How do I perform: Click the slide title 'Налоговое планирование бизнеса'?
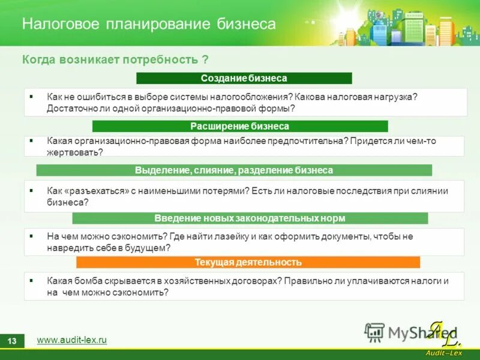tap(149, 24)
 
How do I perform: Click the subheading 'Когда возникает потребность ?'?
tap(115, 60)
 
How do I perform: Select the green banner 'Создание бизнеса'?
tap(244, 79)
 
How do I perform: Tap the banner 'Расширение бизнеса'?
tap(239, 127)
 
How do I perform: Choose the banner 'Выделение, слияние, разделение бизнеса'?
tap(233, 170)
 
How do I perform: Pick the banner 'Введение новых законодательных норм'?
tap(250, 218)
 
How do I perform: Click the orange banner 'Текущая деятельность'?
tap(248, 262)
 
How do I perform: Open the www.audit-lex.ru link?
tap(71, 340)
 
